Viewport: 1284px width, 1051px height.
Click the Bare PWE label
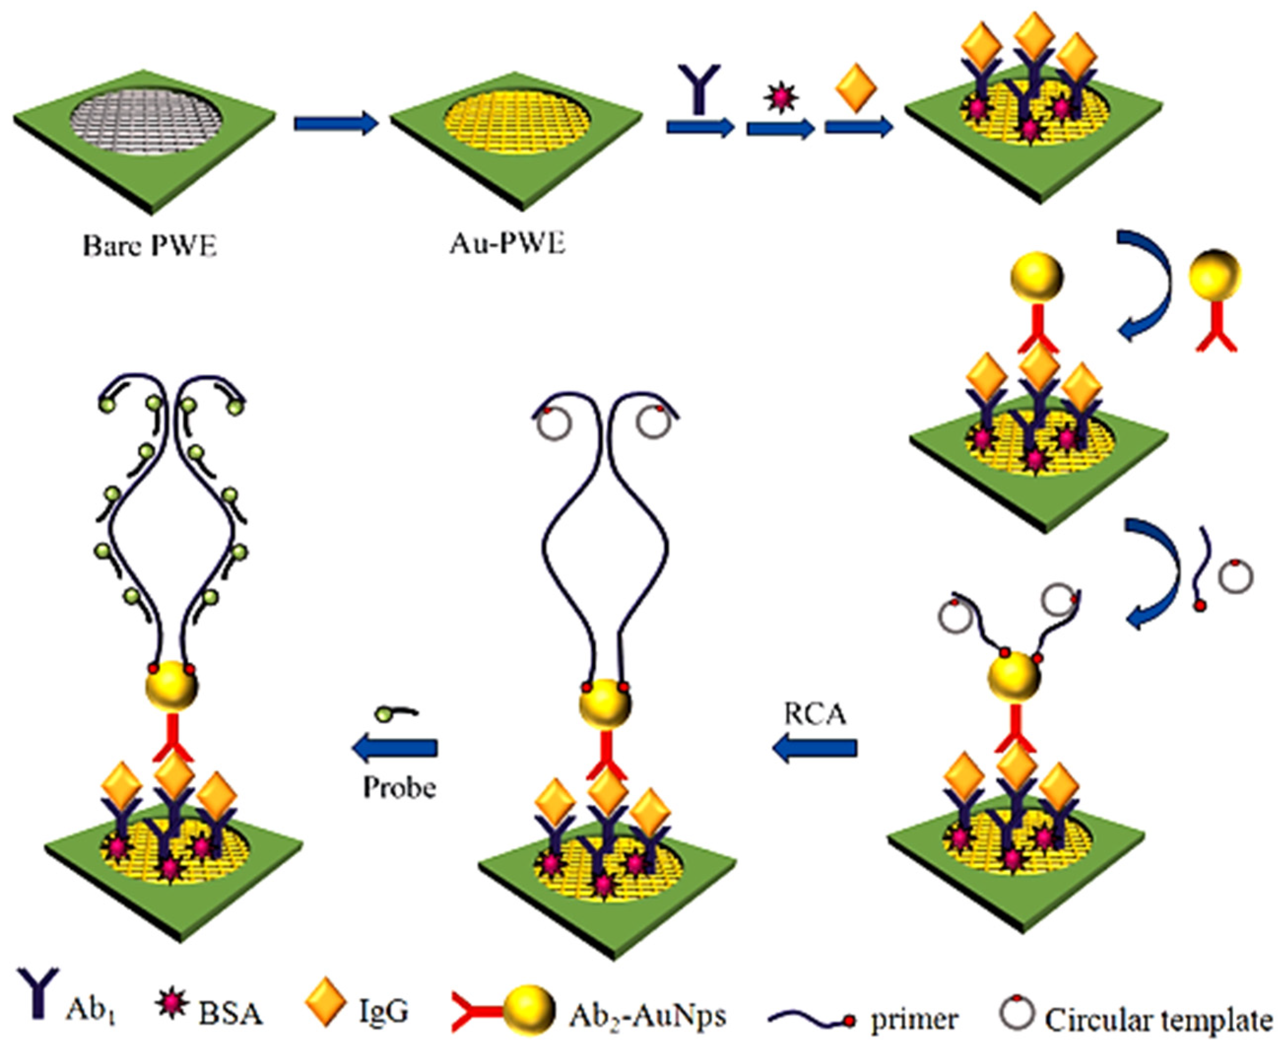[150, 247]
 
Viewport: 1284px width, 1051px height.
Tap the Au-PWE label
[507, 244]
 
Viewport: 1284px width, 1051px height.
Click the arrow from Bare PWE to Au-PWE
[335, 124]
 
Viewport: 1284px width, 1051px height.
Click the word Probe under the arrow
[400, 788]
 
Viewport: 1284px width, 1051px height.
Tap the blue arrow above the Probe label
[395, 749]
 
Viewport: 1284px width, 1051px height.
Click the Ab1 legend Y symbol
[37, 993]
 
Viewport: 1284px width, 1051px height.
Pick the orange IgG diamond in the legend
[325, 1001]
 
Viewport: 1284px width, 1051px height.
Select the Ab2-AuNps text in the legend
[646, 1014]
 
